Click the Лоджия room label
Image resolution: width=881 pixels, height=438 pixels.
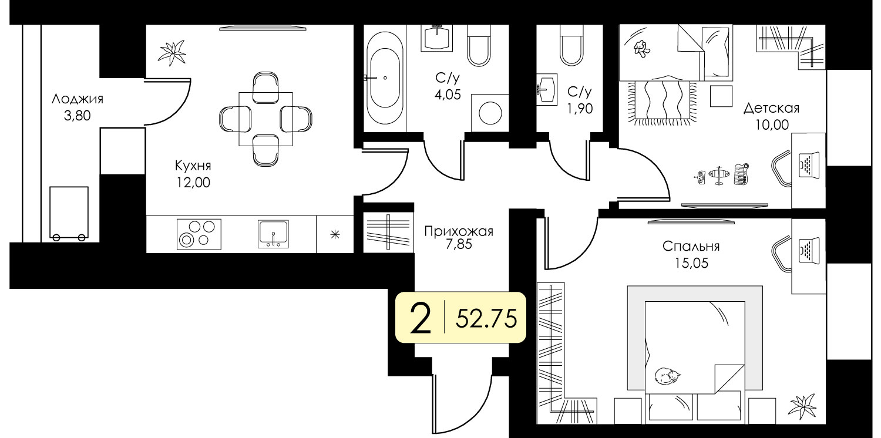click(78, 99)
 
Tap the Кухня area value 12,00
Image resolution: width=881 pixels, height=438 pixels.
click(193, 183)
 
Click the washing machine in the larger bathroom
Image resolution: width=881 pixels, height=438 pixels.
click(490, 113)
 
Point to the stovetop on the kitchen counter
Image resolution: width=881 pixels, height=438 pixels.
click(199, 234)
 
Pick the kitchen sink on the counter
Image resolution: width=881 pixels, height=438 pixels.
click(273, 234)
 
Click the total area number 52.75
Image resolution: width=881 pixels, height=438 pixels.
click(486, 318)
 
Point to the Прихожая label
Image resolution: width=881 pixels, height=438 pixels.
click(459, 231)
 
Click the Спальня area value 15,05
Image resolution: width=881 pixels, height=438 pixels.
click(691, 263)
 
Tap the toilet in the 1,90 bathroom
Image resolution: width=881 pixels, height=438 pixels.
click(571, 46)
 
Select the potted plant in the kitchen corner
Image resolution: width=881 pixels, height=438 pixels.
click(172, 52)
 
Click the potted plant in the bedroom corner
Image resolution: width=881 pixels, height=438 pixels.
click(803, 406)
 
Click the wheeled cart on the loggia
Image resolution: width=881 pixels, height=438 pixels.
click(69, 214)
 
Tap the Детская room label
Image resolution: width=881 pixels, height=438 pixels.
click(771, 108)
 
